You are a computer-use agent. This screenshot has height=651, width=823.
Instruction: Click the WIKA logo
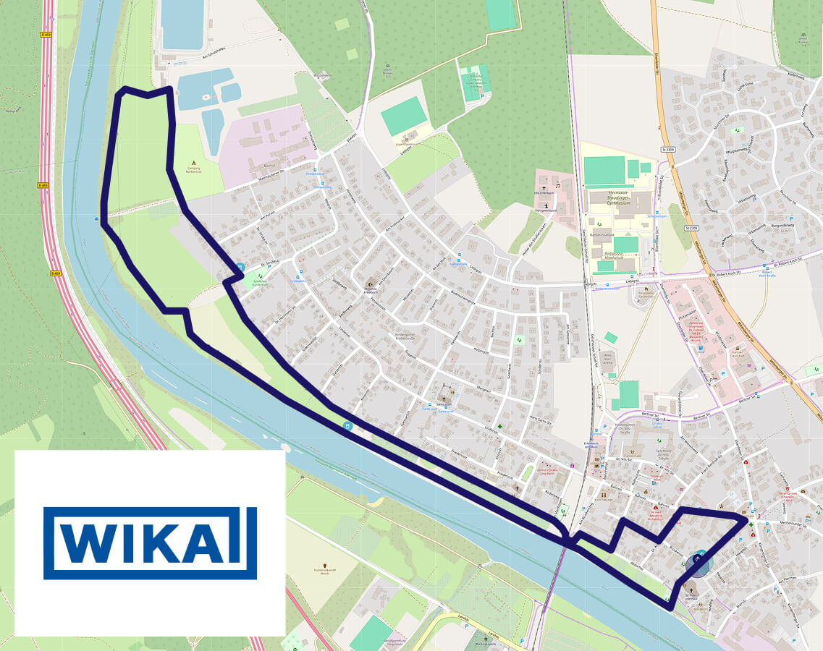150,542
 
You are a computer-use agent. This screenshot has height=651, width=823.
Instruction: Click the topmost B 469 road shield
46,34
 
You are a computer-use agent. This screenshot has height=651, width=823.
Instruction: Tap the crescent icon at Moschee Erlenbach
371,284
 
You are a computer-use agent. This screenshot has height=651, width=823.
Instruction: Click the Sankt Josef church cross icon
444,399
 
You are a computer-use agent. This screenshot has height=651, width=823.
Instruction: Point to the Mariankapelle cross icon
478,635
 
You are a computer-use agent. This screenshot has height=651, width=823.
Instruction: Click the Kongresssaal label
545,210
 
